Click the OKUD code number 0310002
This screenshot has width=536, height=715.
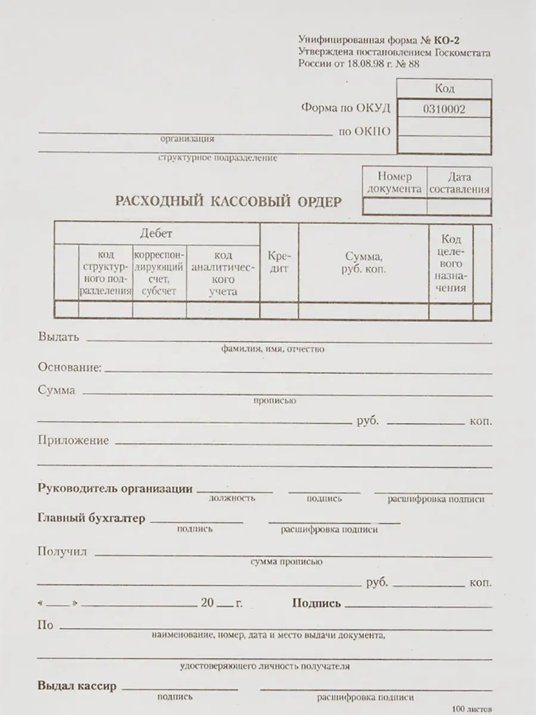(444, 109)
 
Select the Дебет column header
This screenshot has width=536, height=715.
(156, 233)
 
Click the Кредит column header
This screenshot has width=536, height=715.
(279, 262)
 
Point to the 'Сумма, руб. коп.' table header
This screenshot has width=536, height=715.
(363, 262)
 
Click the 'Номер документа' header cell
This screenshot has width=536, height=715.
(394, 183)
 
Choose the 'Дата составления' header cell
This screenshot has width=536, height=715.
(459, 183)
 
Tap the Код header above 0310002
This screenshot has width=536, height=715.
(444, 89)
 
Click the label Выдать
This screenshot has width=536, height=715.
(58, 337)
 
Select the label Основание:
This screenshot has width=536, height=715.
(70, 368)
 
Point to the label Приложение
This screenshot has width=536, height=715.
(73, 441)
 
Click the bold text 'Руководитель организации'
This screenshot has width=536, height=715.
(115, 489)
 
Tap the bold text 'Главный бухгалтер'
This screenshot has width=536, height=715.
(91, 518)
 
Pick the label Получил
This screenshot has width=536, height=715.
(62, 552)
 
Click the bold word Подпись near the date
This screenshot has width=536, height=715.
(316, 604)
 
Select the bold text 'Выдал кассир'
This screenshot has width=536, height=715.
(77, 686)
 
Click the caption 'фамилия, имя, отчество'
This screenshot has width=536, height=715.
(272, 349)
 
